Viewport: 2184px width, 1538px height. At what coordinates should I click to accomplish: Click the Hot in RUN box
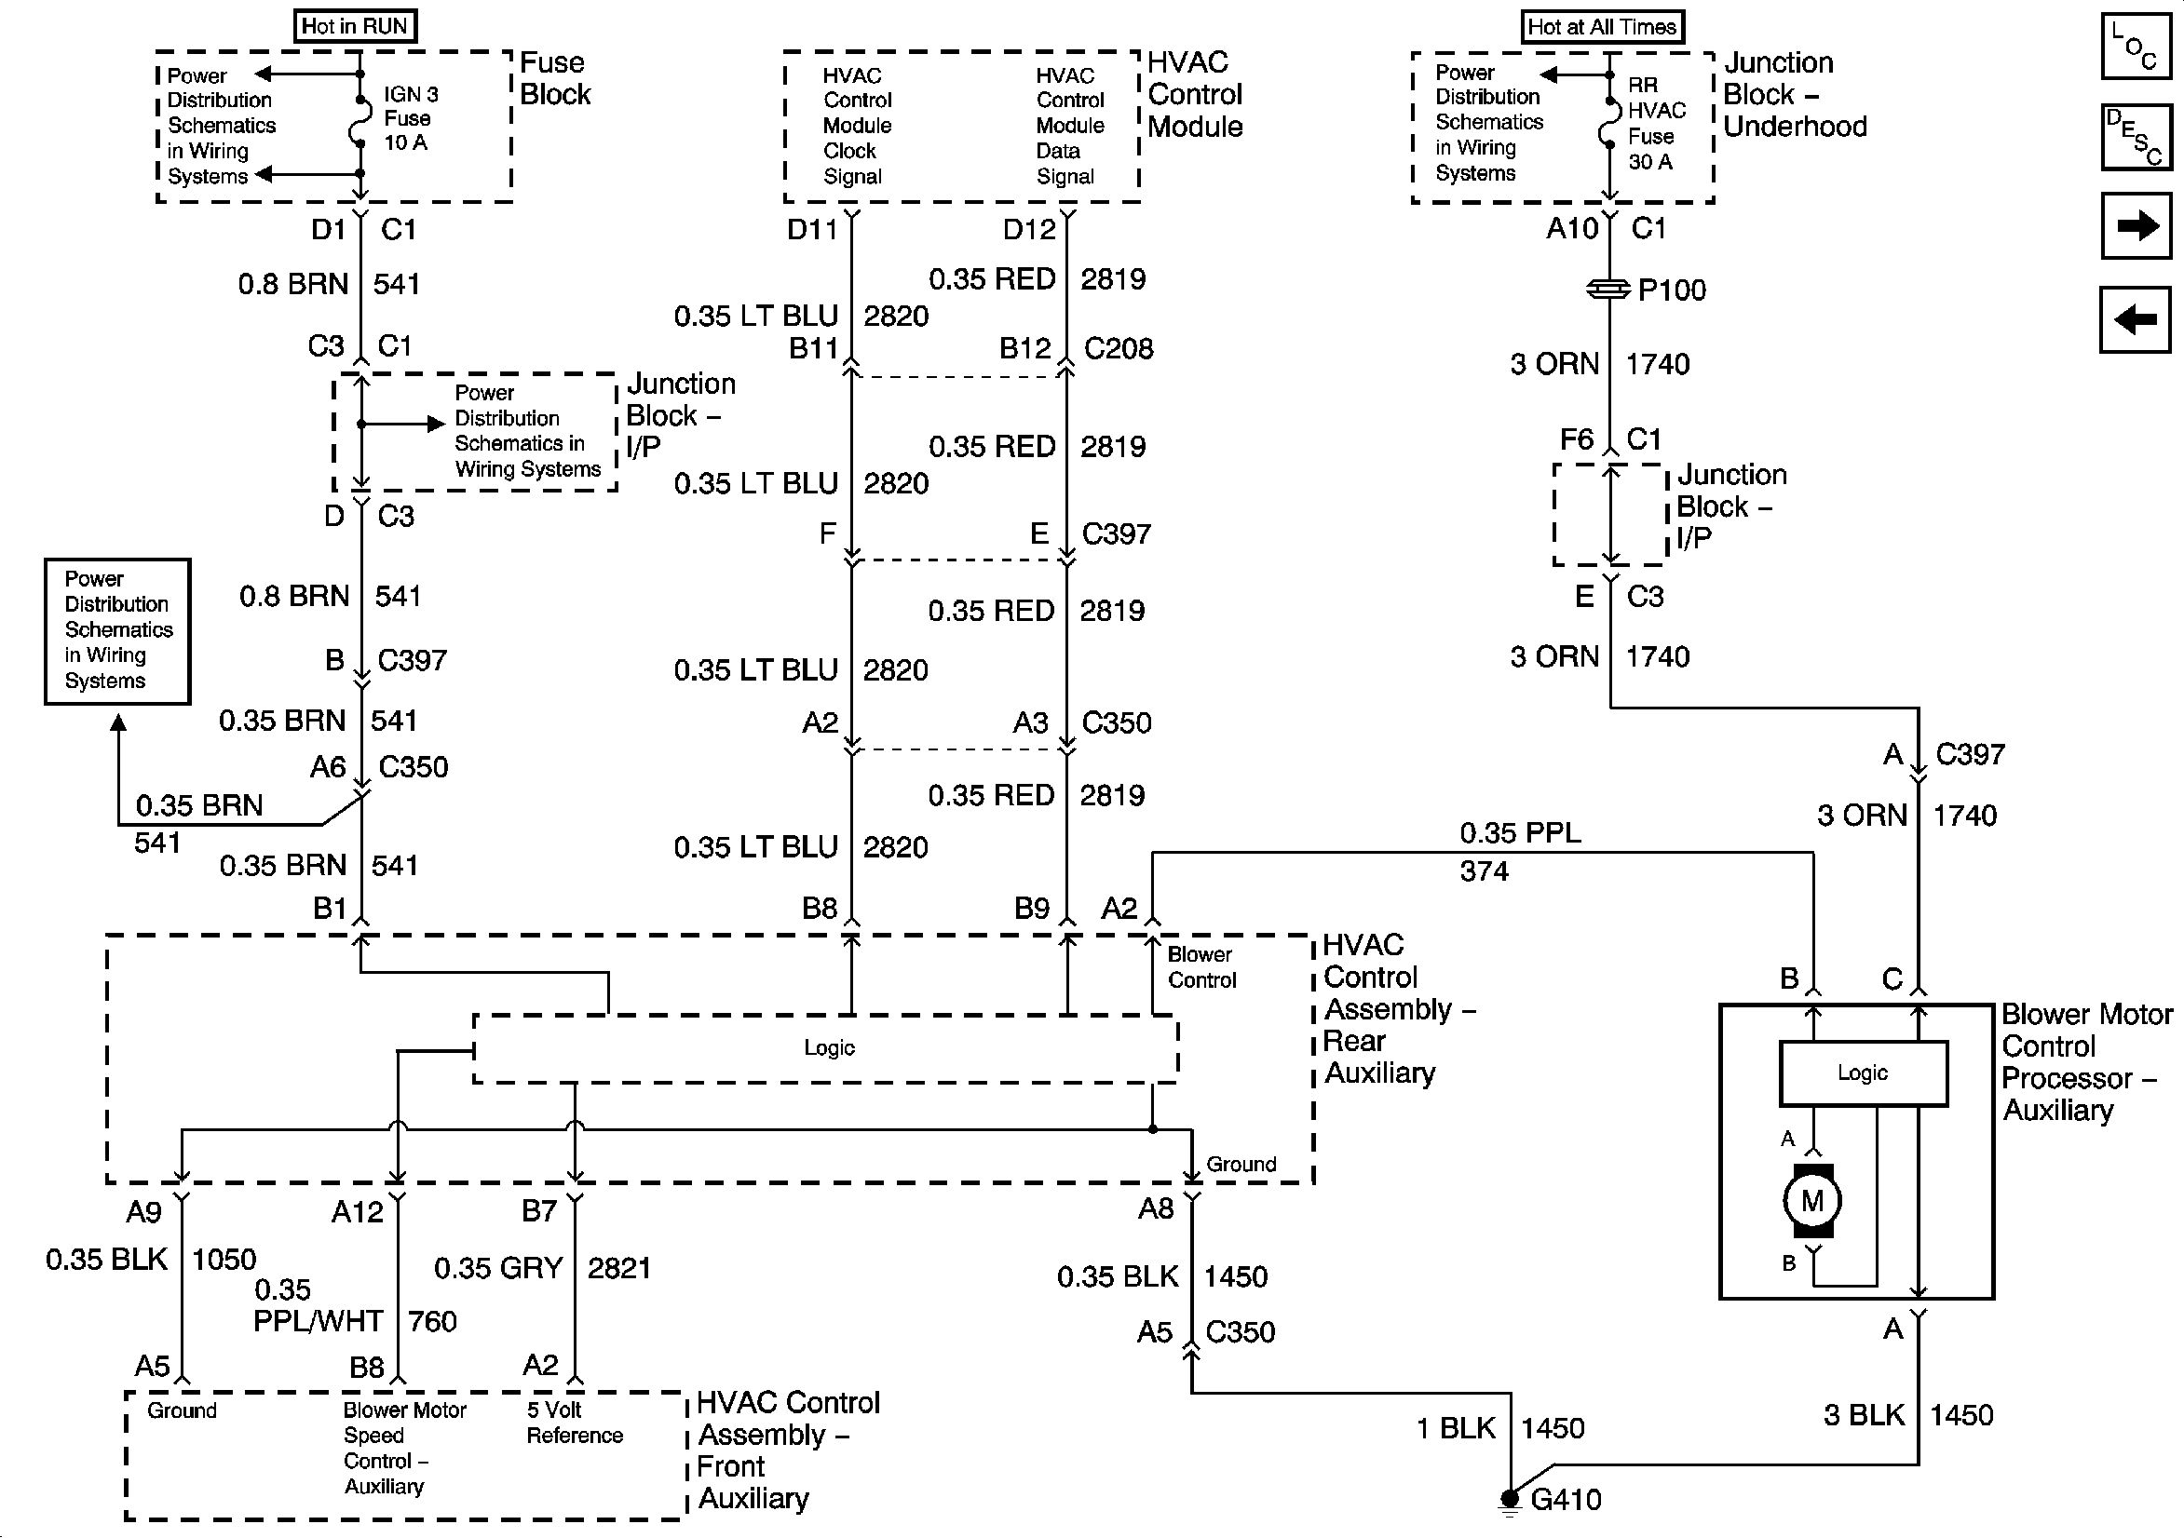[x=355, y=26]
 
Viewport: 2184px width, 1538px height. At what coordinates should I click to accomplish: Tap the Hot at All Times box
[x=1602, y=27]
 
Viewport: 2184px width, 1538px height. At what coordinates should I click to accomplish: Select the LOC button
[x=2136, y=45]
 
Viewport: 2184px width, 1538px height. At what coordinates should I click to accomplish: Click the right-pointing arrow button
[x=2136, y=225]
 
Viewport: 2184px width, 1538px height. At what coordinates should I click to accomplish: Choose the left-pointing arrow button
[x=2136, y=318]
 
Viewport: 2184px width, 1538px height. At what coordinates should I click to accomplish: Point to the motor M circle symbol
[x=1812, y=1200]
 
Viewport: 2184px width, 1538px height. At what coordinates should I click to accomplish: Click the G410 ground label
[x=1566, y=1500]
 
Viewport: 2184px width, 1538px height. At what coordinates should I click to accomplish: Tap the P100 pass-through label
[x=1671, y=290]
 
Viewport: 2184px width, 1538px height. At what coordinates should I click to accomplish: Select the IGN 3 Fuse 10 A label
[x=411, y=119]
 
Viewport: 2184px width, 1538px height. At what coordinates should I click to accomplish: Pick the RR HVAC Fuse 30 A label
[x=1656, y=124]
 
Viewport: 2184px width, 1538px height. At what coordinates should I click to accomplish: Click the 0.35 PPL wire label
[x=1520, y=833]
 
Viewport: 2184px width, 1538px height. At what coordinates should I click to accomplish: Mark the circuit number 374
[x=1484, y=871]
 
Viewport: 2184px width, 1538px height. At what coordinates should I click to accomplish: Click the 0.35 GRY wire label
[x=498, y=1268]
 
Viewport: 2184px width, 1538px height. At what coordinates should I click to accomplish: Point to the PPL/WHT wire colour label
[x=318, y=1321]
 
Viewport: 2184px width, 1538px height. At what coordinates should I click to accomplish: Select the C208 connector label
[x=1119, y=349]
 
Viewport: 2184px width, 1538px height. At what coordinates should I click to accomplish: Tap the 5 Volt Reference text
[x=575, y=1423]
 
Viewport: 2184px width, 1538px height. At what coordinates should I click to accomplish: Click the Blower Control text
[x=1201, y=967]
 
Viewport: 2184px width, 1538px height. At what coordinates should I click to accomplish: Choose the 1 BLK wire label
[x=1456, y=1429]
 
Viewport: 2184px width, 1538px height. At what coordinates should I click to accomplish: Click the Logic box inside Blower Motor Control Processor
[x=1863, y=1073]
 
